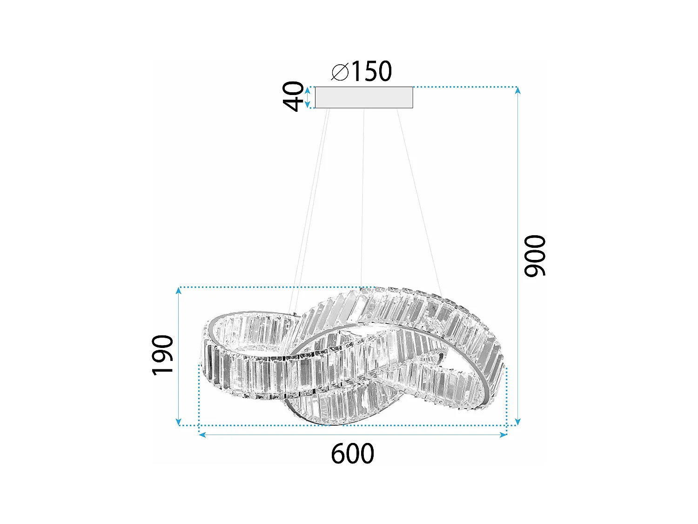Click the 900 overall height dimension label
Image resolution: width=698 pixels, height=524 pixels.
[534, 256]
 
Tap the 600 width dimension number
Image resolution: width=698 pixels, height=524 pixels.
[352, 454]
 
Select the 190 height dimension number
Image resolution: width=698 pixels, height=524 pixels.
[163, 354]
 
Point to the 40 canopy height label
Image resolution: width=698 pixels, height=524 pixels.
[294, 96]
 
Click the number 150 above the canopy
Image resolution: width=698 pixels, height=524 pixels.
[371, 71]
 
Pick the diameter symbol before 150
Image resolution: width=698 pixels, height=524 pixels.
[340, 72]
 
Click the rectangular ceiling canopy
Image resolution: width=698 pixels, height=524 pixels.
[364, 97]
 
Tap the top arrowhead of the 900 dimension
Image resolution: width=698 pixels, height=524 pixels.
[517, 90]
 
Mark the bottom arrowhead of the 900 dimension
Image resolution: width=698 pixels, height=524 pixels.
[517, 422]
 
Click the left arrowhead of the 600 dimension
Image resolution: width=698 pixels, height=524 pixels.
[202, 435]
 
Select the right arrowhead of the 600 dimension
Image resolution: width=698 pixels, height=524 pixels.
[503, 435]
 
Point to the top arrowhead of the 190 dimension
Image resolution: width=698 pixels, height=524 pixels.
[178, 291]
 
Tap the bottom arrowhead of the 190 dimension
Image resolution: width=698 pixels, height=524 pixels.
[178, 422]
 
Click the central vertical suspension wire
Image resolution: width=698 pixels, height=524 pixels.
[362, 196]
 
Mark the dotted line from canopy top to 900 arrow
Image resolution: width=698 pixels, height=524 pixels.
[465, 87]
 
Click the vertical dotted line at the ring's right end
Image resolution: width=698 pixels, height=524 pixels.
[506, 396]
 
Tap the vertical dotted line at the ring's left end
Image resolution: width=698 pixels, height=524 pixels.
[199, 396]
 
